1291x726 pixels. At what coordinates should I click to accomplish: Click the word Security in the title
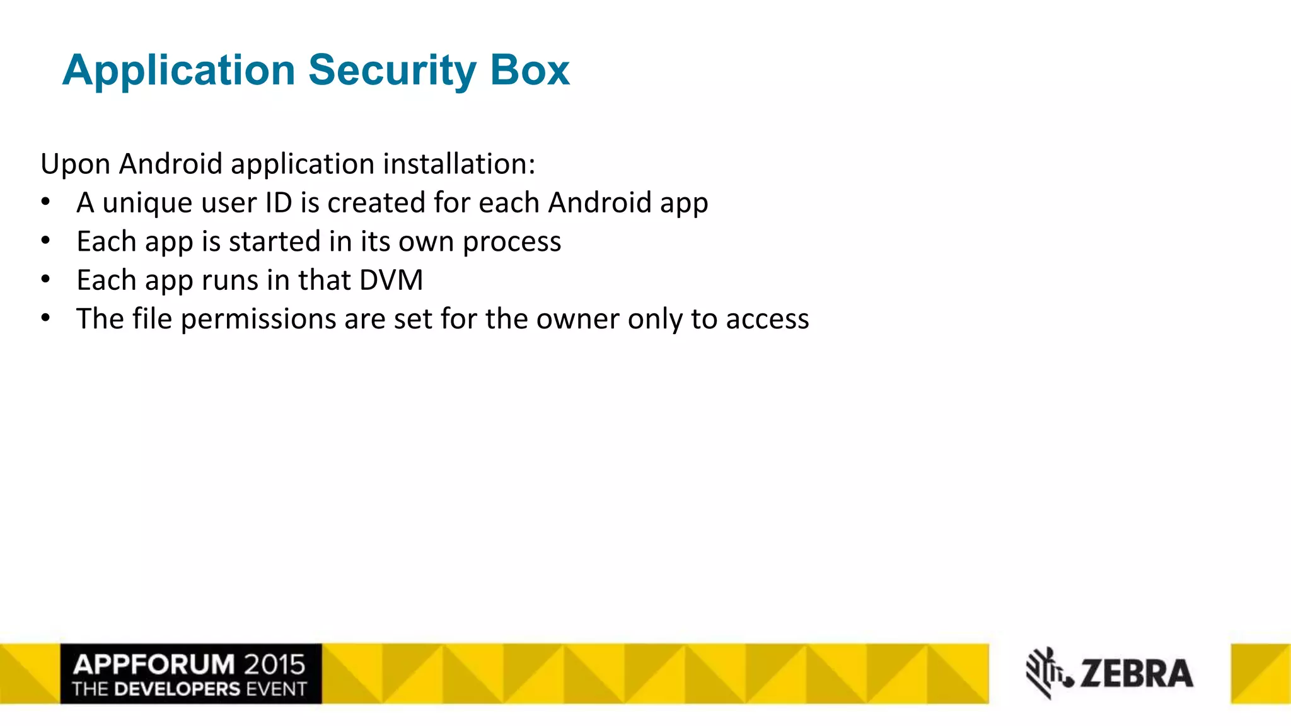pyautogui.click(x=392, y=71)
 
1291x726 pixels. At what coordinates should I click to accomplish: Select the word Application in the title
pyautogui.click(x=178, y=71)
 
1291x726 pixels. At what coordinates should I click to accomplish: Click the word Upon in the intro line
pyautogui.click(x=75, y=165)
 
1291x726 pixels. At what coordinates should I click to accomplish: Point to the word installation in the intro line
pyautogui.click(x=459, y=164)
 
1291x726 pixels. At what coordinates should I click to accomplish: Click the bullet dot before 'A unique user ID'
pyautogui.click(x=45, y=202)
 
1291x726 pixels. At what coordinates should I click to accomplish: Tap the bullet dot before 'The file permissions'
pyautogui.click(x=45, y=318)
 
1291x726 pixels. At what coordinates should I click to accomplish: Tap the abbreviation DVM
pyautogui.click(x=391, y=280)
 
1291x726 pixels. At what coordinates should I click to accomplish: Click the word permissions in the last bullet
pyautogui.click(x=258, y=320)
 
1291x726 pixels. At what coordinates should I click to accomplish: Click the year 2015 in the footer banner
pyautogui.click(x=274, y=664)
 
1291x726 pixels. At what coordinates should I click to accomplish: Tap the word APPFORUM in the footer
pyautogui.click(x=154, y=664)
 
